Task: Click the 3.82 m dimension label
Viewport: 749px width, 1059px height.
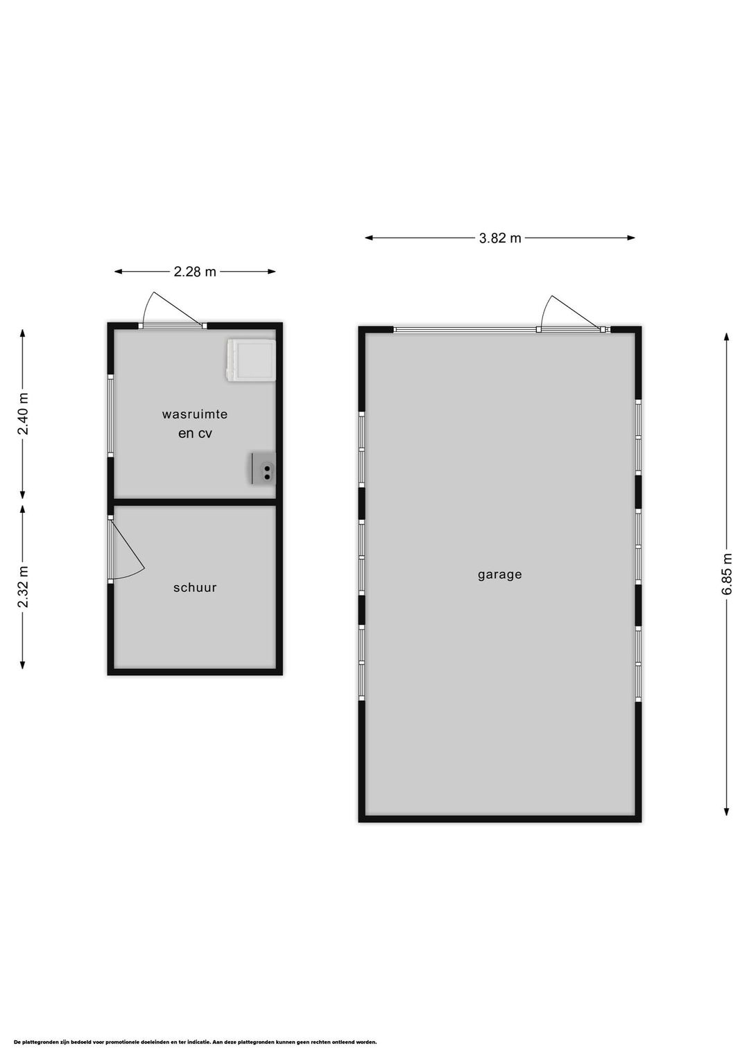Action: point(499,238)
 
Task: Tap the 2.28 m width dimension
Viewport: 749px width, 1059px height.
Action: point(195,272)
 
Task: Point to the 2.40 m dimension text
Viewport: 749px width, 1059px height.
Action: point(23,414)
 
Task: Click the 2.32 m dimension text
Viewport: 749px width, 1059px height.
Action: point(23,586)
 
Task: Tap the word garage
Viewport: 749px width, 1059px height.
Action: point(499,575)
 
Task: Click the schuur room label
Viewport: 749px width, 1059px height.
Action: point(195,588)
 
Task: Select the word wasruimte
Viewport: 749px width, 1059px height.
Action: point(195,414)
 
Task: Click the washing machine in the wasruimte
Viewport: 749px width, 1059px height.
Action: point(250,360)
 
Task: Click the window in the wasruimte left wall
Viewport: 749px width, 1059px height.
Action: point(110,416)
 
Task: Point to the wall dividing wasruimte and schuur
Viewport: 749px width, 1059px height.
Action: point(195,502)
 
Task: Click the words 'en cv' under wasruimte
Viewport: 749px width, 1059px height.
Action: point(195,434)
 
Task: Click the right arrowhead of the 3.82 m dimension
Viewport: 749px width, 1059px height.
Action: point(631,238)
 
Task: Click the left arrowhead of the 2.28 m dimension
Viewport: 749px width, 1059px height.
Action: point(119,272)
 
